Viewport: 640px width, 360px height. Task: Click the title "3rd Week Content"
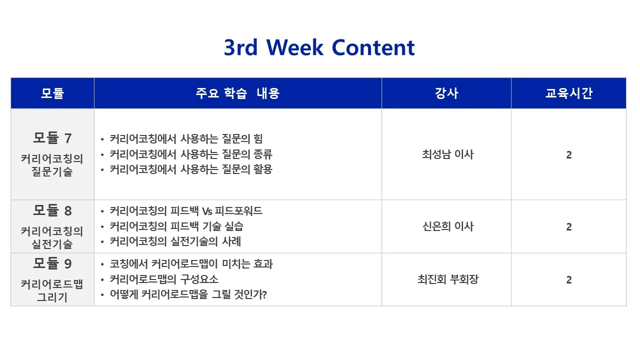pos(319,47)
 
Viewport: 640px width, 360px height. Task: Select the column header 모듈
pos(52,93)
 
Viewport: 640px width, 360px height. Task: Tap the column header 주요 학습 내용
pos(237,93)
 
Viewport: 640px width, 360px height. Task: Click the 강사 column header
pos(446,93)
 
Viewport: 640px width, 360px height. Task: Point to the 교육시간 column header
pos(568,93)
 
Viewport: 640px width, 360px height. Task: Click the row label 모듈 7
pos(52,137)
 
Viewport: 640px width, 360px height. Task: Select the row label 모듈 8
pos(52,210)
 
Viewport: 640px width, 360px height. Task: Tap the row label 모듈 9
pos(52,263)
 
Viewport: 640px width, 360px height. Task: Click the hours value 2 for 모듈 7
pos(568,155)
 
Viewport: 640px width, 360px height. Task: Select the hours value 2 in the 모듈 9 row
pos(568,280)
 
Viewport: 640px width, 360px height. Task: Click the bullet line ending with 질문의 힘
pos(186,139)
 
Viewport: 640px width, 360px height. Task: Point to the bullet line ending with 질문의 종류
pos(191,154)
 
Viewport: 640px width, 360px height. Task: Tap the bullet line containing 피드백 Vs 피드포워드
pos(186,211)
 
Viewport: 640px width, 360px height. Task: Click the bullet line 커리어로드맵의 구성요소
pos(164,279)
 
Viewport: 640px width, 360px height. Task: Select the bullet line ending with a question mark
pos(188,294)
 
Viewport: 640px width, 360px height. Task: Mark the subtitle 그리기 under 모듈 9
pos(52,297)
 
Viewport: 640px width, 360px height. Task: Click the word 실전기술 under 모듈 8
pos(52,244)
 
